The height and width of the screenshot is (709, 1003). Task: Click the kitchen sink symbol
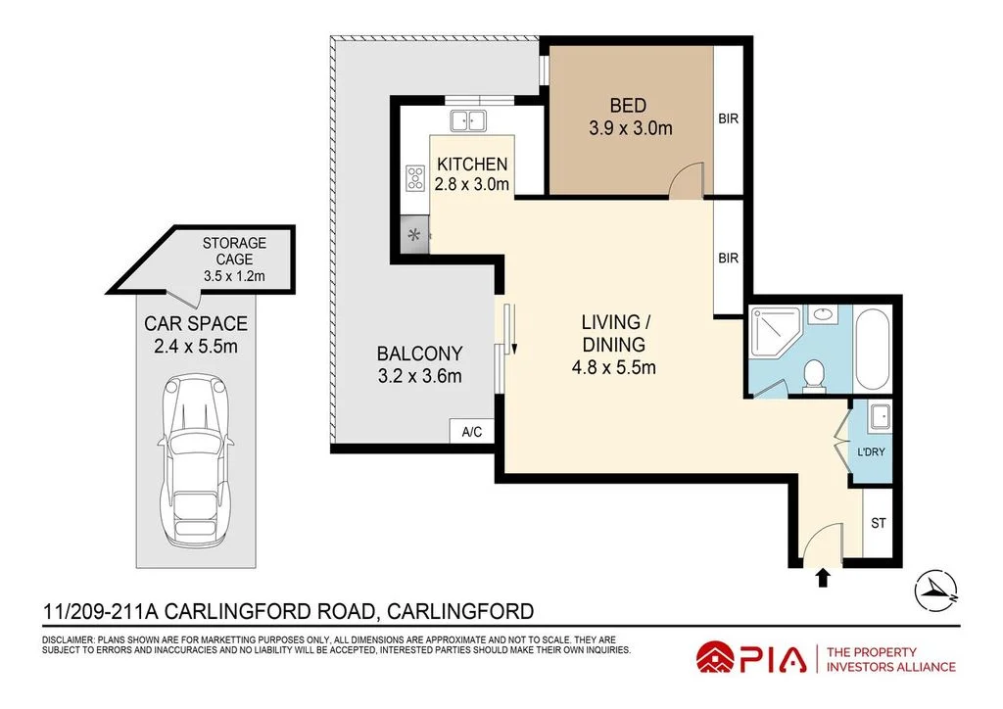click(468, 120)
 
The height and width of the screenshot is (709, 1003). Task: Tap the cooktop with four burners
click(414, 177)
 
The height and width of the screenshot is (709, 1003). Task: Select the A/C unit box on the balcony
click(464, 432)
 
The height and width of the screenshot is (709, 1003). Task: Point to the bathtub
click(872, 349)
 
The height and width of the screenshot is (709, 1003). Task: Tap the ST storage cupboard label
click(878, 523)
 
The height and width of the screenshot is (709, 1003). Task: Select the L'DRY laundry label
click(870, 453)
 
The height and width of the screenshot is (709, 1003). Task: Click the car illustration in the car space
click(197, 461)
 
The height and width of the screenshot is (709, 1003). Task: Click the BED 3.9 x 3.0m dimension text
click(630, 127)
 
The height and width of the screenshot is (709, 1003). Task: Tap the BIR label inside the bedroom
click(728, 119)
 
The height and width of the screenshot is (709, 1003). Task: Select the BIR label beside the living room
click(728, 259)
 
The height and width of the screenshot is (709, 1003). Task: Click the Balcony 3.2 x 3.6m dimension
click(419, 375)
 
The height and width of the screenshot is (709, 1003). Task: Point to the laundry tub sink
click(879, 416)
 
